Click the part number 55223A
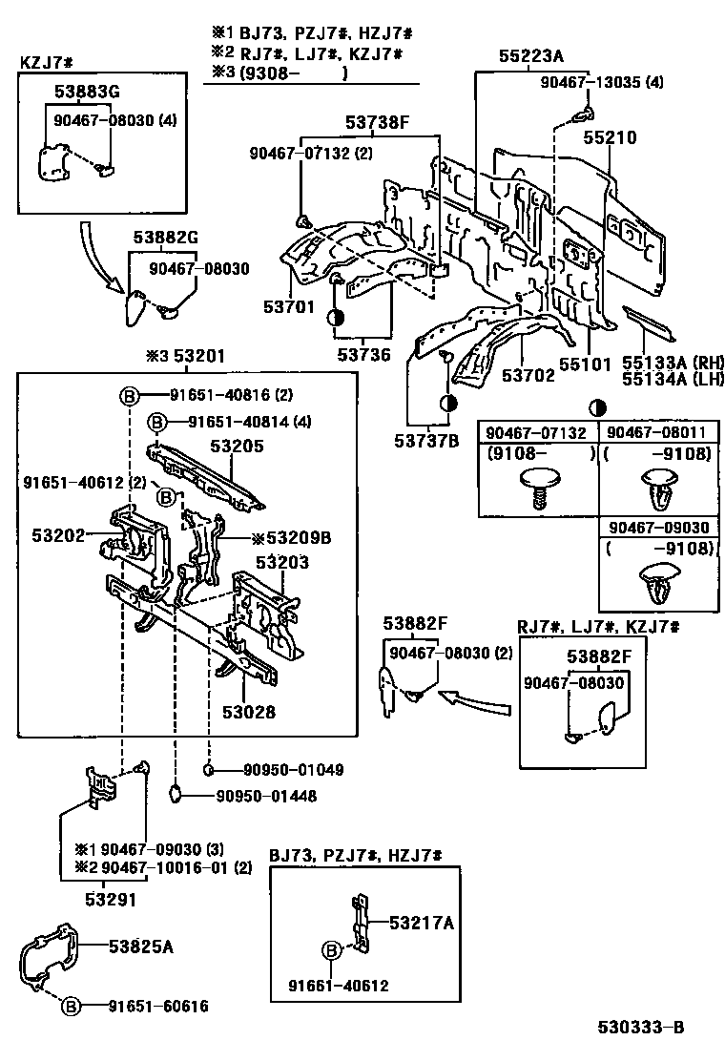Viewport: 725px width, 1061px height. coord(531,56)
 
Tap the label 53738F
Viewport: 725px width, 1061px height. coord(378,122)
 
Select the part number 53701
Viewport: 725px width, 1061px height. coord(289,307)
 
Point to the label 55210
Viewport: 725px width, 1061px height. coord(610,138)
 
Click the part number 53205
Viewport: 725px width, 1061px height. coord(237,447)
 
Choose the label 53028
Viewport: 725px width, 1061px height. coord(249,712)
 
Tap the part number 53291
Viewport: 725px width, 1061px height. coord(111,900)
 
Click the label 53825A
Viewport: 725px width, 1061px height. coord(141,947)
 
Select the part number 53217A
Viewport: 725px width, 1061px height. coord(422,923)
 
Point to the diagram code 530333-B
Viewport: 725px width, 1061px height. coord(640,1028)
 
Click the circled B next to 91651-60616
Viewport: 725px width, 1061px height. coord(71,1007)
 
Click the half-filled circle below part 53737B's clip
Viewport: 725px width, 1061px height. coord(447,404)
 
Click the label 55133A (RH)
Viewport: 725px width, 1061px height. coord(673,364)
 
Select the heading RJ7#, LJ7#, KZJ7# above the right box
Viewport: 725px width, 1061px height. coord(598,627)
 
